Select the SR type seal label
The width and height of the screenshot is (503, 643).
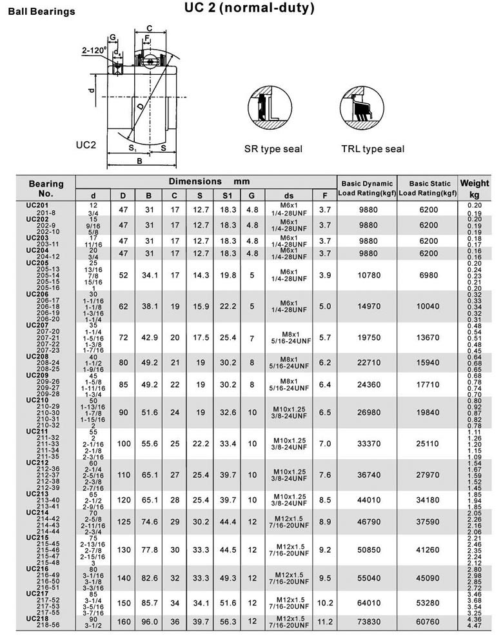[x=273, y=149]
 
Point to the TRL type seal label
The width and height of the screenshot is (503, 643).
[x=373, y=149]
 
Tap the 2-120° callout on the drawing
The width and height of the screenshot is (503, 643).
[x=94, y=50]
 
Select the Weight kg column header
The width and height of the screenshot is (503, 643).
[x=474, y=189]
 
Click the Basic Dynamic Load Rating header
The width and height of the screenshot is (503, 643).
[x=367, y=188]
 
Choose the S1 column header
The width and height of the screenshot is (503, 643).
[x=226, y=195]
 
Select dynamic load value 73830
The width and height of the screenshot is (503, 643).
[x=367, y=622]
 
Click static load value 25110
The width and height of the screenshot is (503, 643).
[x=428, y=444]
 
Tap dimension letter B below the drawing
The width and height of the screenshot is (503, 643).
[x=139, y=161]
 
